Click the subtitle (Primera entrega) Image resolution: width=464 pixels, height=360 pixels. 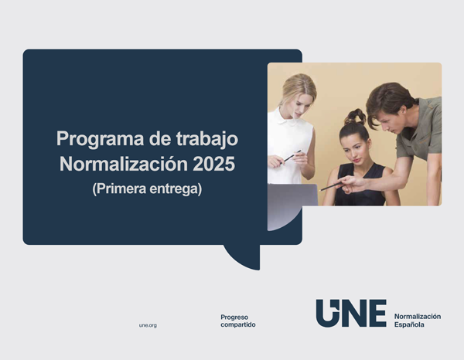tap(146, 188)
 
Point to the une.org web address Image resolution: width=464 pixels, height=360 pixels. tap(148, 325)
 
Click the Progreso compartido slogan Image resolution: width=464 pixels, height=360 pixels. tap(237, 321)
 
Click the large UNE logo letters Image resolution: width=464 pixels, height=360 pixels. tap(351, 313)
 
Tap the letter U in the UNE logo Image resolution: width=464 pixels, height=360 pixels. tap(327, 313)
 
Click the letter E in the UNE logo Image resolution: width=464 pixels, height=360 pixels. tap(377, 313)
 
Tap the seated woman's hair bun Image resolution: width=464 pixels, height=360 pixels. tap(356, 117)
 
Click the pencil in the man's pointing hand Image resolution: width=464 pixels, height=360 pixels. tap(332, 185)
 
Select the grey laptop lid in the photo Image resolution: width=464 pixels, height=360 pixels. tap(292, 195)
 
